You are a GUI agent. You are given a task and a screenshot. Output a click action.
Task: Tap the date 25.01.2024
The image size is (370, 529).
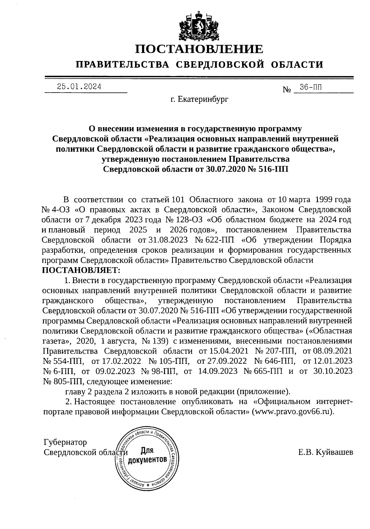[79, 87]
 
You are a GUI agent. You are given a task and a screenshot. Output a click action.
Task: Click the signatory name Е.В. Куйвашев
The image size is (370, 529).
[326, 452]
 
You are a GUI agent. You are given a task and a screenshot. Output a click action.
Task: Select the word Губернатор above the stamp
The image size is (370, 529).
[65, 442]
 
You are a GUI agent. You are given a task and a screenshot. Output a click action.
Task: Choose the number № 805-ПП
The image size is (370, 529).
[62, 381]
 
